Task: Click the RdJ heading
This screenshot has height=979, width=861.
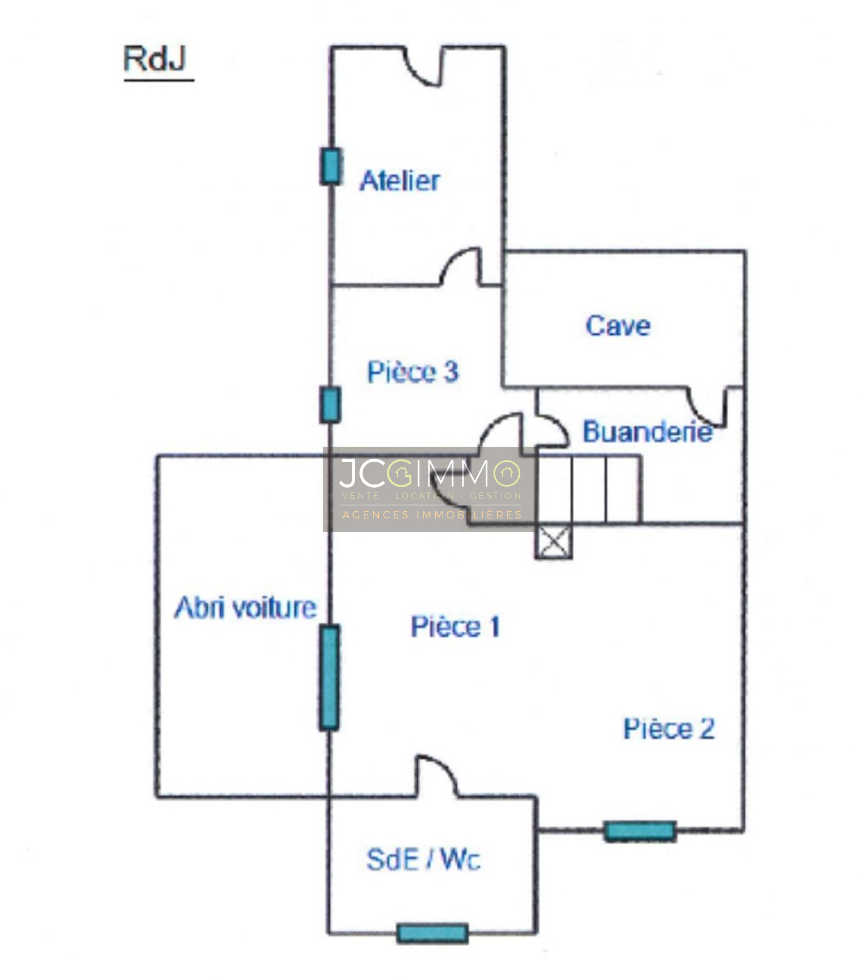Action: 155,59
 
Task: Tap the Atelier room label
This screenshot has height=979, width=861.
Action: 400,181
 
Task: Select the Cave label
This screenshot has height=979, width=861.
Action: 618,326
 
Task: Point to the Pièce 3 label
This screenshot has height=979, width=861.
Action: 413,372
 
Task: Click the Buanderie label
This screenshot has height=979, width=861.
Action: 647,432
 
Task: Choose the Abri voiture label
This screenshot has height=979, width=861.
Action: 245,608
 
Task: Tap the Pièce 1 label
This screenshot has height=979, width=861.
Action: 455,627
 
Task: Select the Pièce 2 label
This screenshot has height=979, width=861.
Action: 669,729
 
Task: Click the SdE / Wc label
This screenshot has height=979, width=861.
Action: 423,860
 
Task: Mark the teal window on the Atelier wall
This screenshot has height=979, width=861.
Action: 331,167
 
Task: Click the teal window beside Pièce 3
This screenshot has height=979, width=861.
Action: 330,405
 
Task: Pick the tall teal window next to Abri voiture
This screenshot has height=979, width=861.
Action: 329,677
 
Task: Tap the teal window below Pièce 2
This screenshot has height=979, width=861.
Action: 639,830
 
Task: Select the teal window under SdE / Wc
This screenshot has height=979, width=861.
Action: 432,933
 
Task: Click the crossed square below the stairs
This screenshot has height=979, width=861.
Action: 553,542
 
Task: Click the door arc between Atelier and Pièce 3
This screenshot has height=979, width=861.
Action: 461,266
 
